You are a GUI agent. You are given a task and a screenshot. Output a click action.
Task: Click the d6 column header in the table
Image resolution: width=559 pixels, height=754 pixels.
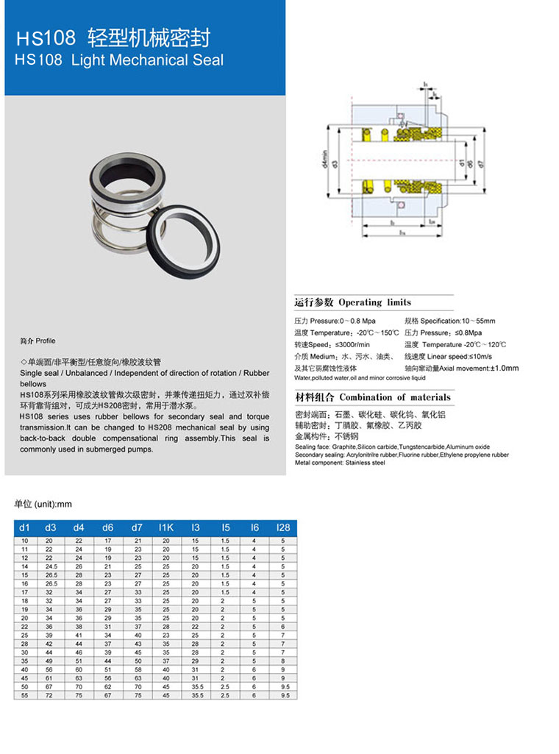[x=108, y=527]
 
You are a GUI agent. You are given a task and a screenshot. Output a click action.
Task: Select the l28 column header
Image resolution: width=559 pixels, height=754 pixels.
[x=283, y=527]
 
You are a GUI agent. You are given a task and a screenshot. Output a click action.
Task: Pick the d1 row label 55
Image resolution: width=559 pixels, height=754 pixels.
[x=24, y=695]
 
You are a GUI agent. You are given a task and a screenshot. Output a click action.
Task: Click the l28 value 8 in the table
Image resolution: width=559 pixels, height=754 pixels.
[x=283, y=661]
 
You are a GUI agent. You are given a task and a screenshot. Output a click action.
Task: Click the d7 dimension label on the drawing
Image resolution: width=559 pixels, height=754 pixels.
[x=480, y=163]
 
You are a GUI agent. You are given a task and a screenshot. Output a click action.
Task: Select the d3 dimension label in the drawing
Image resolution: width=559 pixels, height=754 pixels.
[x=335, y=163]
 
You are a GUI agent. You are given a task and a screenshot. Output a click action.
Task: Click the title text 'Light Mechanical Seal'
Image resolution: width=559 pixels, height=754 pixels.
[x=147, y=60]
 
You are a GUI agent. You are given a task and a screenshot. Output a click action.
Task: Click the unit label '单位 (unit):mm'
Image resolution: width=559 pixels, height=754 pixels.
[x=43, y=504]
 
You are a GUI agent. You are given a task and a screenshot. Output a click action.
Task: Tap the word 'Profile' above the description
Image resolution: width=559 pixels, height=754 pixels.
[x=46, y=341]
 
